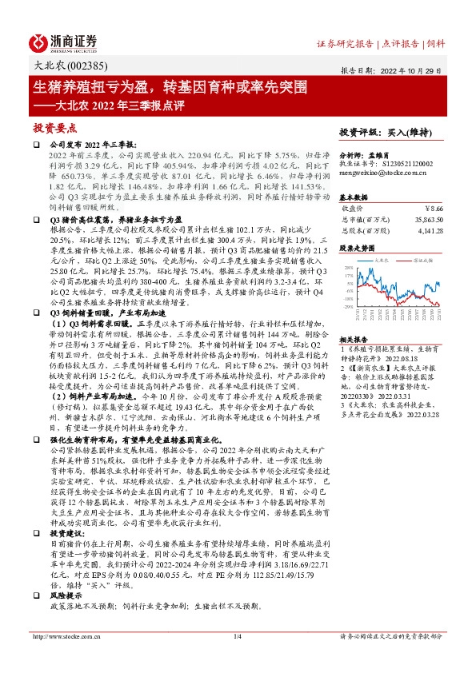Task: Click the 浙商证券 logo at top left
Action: click(63, 42)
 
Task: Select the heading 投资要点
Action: click(54, 127)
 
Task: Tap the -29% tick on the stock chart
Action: click(347, 306)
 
